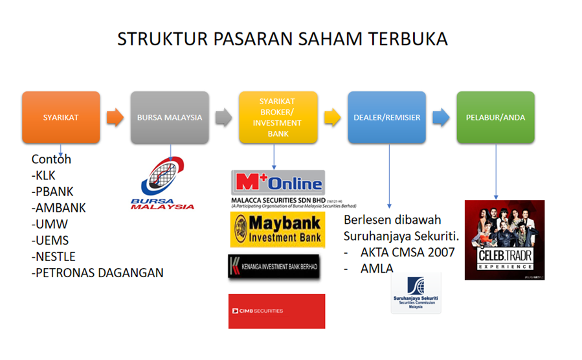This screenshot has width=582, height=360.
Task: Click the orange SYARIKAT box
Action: pos(61,118)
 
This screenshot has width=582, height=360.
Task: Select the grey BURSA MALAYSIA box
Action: pos(170,118)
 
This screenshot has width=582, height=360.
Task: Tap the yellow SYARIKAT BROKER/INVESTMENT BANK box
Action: pos(278,118)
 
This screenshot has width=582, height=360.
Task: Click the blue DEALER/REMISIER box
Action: pos(386,118)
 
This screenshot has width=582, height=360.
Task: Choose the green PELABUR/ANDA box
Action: pos(495,118)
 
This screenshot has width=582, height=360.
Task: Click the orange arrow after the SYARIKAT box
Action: pos(115,118)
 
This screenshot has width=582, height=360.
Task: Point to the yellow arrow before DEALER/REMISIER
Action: pos(332,118)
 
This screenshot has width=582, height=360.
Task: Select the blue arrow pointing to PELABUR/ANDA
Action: pos(441,118)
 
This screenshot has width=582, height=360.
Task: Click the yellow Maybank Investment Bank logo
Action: pos(278,230)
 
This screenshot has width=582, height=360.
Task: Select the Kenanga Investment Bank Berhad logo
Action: pos(274,267)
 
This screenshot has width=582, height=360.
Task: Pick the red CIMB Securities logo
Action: pos(276,311)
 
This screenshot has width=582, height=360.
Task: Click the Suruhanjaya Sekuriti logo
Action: pos(416,293)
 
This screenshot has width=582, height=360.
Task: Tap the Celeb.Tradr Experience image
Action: pos(504,240)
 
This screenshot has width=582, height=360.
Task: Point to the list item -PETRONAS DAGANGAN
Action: pos(97,273)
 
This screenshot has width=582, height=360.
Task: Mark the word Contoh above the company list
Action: pos(51,159)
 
